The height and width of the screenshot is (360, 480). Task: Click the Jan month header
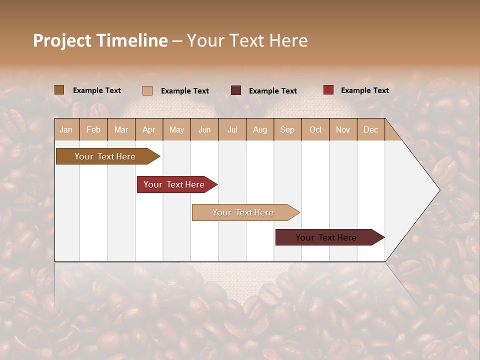point(66,129)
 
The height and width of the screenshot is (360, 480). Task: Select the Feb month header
point(93,129)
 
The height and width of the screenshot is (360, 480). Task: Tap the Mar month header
point(121,129)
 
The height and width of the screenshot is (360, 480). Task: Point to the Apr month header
point(149,129)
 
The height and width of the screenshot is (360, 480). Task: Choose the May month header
point(176,129)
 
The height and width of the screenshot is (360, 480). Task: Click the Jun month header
point(204,129)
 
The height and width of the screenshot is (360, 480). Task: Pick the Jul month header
point(232,129)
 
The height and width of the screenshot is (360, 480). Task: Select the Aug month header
point(260,129)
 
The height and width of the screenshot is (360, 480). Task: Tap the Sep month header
point(287,129)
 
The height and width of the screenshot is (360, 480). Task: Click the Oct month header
point(315,129)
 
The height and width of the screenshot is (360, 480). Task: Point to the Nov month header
point(343,129)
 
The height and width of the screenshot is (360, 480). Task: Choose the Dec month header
point(370,129)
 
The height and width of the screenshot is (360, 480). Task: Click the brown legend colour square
point(59,90)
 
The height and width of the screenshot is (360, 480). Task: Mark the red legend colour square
point(328,90)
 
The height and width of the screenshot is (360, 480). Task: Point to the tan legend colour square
point(147,90)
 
